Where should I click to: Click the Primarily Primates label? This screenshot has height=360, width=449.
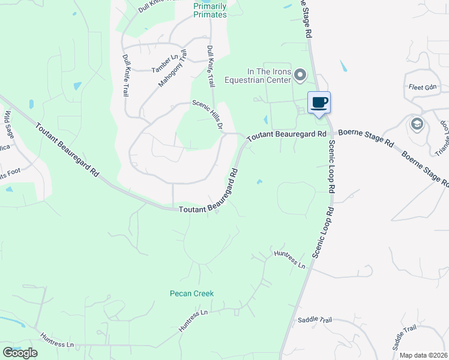point(210,10)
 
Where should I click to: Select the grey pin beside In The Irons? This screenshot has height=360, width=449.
point(301,75)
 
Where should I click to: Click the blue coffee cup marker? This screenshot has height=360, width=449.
point(319,103)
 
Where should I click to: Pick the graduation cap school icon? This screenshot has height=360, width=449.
point(416,124)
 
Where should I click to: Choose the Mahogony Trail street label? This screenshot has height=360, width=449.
point(173,70)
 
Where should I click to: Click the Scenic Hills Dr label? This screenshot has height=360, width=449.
point(208,114)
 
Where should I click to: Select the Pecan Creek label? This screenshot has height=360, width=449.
point(191,293)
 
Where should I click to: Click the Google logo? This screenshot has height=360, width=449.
point(20,353)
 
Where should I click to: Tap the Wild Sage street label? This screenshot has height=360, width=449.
point(9,122)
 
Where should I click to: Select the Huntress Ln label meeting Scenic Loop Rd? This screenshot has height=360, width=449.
point(290,259)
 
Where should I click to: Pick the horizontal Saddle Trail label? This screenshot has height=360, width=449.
point(315,320)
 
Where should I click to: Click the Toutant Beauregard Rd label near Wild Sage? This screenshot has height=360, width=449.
point(67,149)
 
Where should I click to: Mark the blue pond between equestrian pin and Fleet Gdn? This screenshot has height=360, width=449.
point(343,65)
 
